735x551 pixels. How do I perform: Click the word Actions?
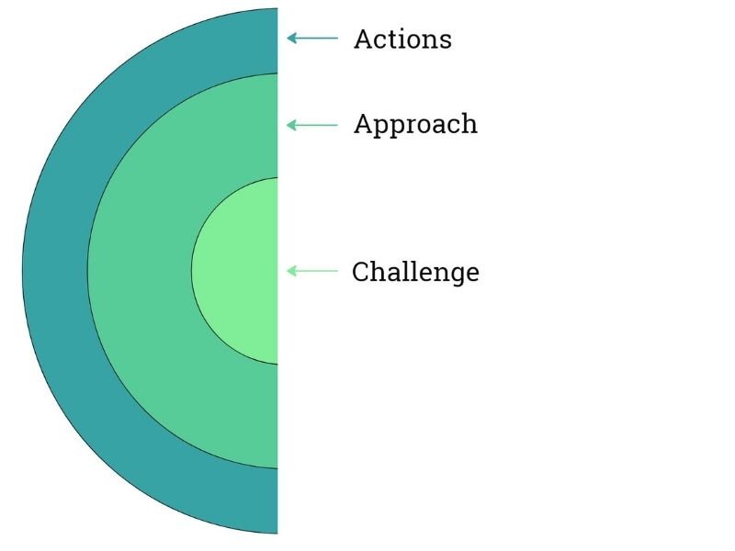click(402, 39)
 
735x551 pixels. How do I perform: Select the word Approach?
click(415, 125)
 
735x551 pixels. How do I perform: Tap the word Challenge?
click(415, 272)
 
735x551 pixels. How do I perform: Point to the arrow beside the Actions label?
click(312, 39)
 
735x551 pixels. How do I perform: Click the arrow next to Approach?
click(312, 125)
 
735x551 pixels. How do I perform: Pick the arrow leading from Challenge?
click(312, 271)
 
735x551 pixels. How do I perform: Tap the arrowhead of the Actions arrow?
click(291, 39)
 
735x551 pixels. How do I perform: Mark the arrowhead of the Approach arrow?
click(291, 125)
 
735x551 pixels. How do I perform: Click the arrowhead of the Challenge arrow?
click(291, 271)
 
